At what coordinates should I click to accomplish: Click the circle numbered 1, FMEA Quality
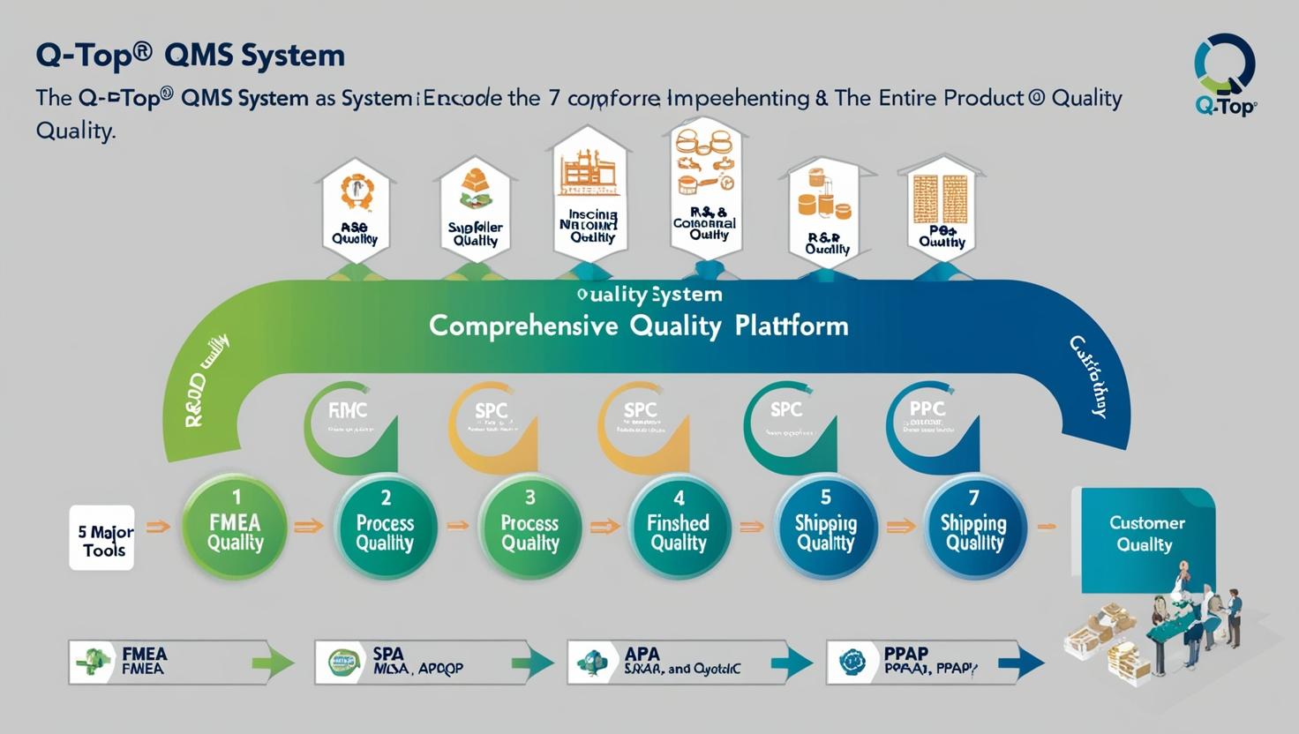(235, 527)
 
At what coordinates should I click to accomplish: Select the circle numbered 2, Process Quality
(386, 528)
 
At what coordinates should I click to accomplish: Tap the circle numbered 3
(530, 528)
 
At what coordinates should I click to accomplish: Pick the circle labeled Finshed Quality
(679, 528)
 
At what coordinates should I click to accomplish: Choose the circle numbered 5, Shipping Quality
(825, 528)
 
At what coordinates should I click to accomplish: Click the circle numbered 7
(974, 528)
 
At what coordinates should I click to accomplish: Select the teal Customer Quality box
(1144, 534)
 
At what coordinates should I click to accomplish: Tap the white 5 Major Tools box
(102, 537)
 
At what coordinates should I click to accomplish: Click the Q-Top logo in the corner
(1225, 74)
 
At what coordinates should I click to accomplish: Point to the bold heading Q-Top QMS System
(191, 56)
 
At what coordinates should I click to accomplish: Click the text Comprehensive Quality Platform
(638, 326)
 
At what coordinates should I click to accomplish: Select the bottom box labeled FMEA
(168, 662)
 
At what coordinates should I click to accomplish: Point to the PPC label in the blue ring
(927, 409)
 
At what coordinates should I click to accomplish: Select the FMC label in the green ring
(348, 411)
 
